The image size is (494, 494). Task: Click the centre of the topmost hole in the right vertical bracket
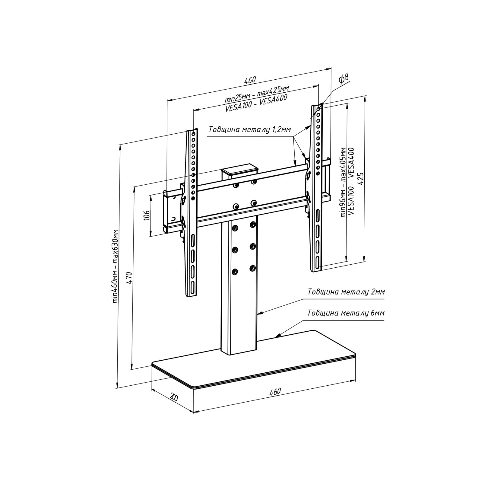(x=318, y=109)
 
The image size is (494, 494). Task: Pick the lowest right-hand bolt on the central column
(x=253, y=268)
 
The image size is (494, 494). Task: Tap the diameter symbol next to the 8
(x=342, y=80)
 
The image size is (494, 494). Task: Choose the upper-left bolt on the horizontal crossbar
(x=236, y=185)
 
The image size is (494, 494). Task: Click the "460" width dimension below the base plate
(x=275, y=391)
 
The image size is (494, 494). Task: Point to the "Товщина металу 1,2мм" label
(x=249, y=129)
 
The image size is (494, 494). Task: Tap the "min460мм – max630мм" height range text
(x=115, y=266)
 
